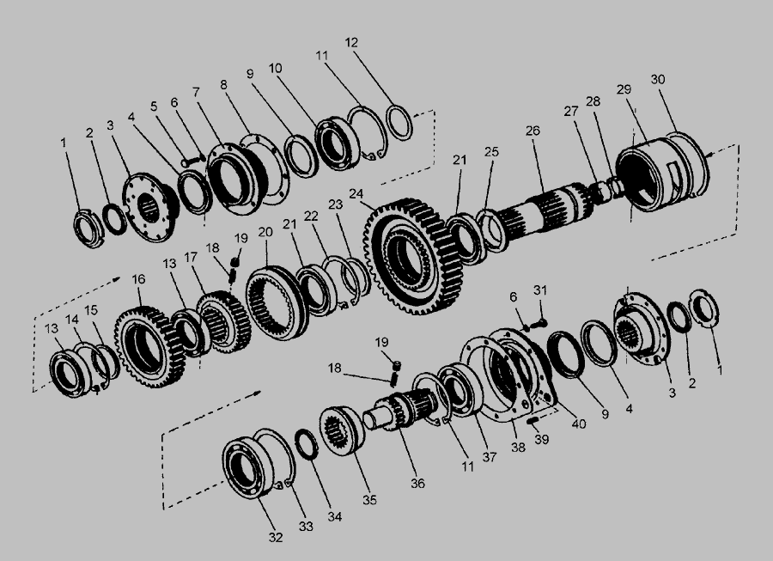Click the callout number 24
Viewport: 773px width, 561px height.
(356, 194)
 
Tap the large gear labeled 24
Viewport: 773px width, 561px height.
(415, 255)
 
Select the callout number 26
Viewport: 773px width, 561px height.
(533, 131)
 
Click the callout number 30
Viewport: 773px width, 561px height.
(658, 79)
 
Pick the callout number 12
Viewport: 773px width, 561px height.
(351, 42)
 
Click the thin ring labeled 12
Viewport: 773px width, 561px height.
(399, 122)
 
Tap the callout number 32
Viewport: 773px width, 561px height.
(276, 537)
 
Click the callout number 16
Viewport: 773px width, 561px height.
(138, 279)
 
